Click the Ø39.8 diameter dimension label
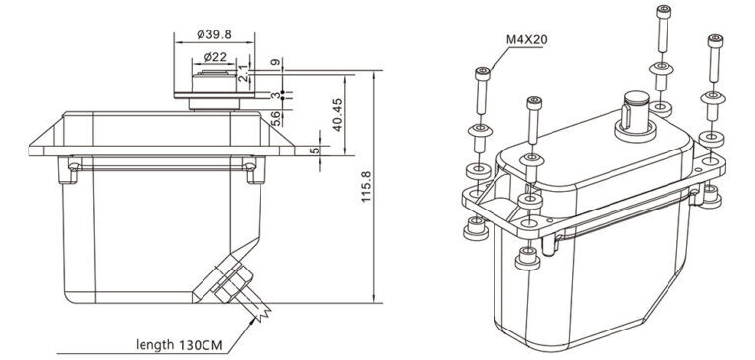(x=214, y=34)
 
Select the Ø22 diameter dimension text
(x=215, y=57)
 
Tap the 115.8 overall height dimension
(x=366, y=186)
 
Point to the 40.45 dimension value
(x=337, y=115)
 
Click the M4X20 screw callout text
(x=526, y=39)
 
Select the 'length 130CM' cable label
(x=179, y=345)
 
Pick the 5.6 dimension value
(x=276, y=119)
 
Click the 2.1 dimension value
(x=244, y=72)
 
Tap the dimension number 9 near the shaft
(x=275, y=62)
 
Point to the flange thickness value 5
(x=314, y=150)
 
